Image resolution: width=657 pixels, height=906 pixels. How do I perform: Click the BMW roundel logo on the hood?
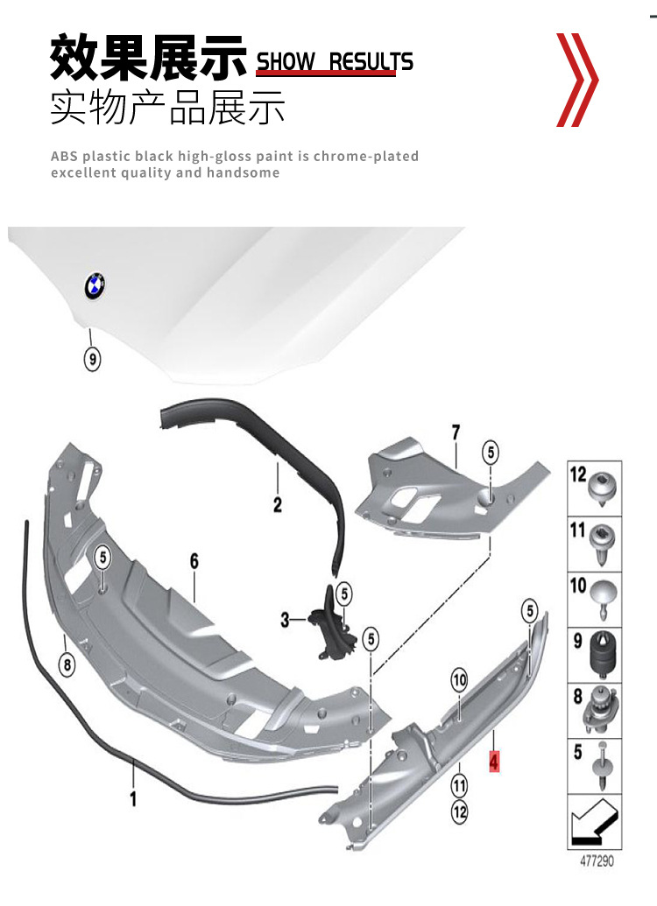pyautogui.click(x=94, y=286)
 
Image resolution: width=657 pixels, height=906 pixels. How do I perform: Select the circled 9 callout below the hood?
pyautogui.click(x=93, y=359)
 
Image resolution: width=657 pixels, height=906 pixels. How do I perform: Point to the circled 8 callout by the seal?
pyautogui.click(x=67, y=664)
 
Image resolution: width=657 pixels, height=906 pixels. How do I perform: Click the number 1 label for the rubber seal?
pyautogui.click(x=133, y=798)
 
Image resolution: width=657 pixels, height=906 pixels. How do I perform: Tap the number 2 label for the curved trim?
pyautogui.click(x=277, y=504)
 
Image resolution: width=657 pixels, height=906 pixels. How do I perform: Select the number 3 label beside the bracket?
pyautogui.click(x=285, y=621)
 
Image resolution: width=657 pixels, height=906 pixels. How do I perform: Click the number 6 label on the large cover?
pyautogui.click(x=194, y=561)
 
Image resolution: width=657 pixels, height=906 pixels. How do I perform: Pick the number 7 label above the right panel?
pyautogui.click(x=455, y=432)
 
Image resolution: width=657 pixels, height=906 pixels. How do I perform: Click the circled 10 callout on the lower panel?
pyautogui.click(x=460, y=679)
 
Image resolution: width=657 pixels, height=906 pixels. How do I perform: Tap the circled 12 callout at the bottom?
pyautogui.click(x=460, y=812)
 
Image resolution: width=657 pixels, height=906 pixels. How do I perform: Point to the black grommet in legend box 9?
pyautogui.click(x=604, y=652)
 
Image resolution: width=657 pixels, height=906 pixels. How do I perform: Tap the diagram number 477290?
pyautogui.click(x=597, y=861)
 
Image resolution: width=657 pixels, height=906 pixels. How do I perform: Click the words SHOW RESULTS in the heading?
pyautogui.click(x=334, y=61)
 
